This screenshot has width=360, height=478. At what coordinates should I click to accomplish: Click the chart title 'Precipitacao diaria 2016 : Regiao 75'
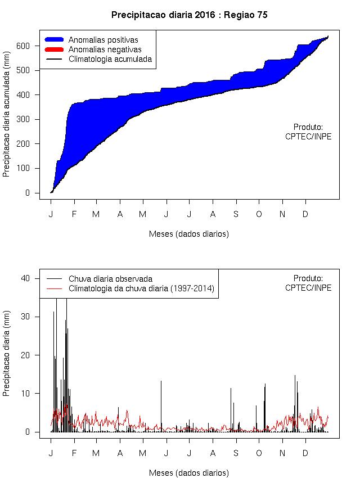click(x=189, y=15)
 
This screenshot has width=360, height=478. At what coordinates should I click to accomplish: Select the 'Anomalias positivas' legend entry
click(x=103, y=40)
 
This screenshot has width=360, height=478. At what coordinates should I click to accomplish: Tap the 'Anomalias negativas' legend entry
click(x=105, y=49)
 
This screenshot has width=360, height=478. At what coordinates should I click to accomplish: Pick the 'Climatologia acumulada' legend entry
click(x=110, y=59)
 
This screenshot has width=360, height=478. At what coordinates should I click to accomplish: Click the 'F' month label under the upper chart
click(x=74, y=214)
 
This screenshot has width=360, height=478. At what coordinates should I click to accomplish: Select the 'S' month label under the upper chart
click(x=236, y=214)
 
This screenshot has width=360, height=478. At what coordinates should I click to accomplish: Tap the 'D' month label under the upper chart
click(x=305, y=214)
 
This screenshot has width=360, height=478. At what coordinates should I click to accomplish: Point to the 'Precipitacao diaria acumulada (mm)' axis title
click(x=7, y=119)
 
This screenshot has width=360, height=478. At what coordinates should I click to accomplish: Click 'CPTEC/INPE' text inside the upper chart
click(x=308, y=136)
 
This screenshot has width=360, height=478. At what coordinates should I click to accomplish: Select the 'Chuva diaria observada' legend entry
click(x=110, y=278)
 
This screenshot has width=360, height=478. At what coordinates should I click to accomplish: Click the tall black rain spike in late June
click(x=161, y=405)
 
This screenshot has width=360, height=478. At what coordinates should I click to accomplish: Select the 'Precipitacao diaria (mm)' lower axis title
click(x=7, y=355)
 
